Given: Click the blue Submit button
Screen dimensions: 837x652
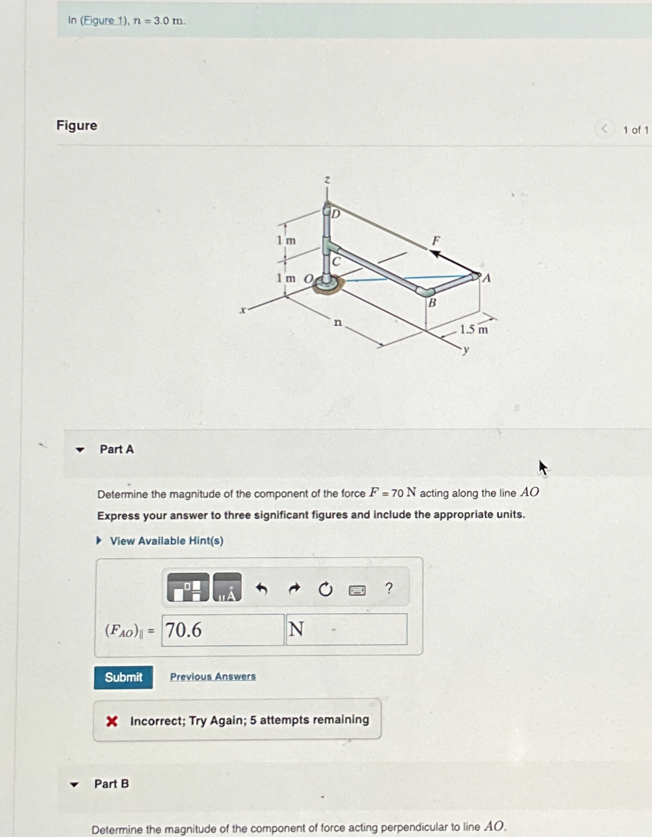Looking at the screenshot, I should pyautogui.click(x=123, y=677).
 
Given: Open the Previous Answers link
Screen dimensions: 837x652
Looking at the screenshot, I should pyautogui.click(x=212, y=677).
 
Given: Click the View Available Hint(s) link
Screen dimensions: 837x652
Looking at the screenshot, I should pyautogui.click(x=166, y=541).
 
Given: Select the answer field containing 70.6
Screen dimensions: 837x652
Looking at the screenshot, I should pyautogui.click(x=223, y=630).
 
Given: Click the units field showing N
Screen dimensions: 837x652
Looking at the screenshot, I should pyautogui.click(x=346, y=630).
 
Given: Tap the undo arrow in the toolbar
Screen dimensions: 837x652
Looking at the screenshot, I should pyautogui.click(x=262, y=589).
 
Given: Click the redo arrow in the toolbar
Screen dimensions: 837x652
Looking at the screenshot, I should pyautogui.click(x=294, y=589).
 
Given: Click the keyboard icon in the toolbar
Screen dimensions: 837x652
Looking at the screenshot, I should pyautogui.click(x=357, y=590).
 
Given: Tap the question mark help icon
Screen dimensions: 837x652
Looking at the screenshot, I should pyautogui.click(x=389, y=588).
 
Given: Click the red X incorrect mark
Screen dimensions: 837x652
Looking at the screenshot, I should pyautogui.click(x=112, y=721).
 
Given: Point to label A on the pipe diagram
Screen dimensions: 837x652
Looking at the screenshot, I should pyautogui.click(x=487, y=279).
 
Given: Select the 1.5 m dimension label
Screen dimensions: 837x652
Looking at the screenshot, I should pyautogui.click(x=474, y=329).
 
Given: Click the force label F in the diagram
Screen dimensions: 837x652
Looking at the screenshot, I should pyautogui.click(x=436, y=240).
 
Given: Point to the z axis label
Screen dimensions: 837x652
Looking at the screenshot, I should pyautogui.click(x=327, y=180).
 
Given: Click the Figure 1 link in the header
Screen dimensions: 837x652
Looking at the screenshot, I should pyautogui.click(x=104, y=21).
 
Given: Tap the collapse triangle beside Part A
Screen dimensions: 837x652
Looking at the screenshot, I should pyautogui.click(x=80, y=450).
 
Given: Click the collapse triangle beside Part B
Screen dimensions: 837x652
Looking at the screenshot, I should pyautogui.click(x=74, y=784).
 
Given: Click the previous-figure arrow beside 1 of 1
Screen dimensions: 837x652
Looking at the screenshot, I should pyautogui.click(x=604, y=129).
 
